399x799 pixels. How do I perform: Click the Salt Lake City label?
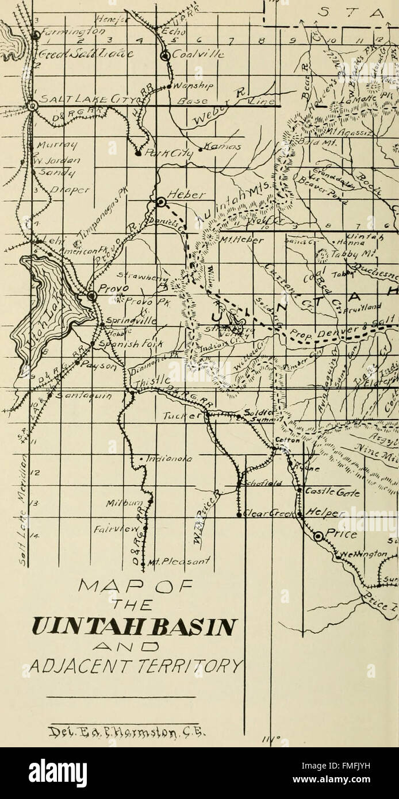click(72, 99)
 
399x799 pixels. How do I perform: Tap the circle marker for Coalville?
click(165, 56)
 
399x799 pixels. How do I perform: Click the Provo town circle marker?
click(91, 296)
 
